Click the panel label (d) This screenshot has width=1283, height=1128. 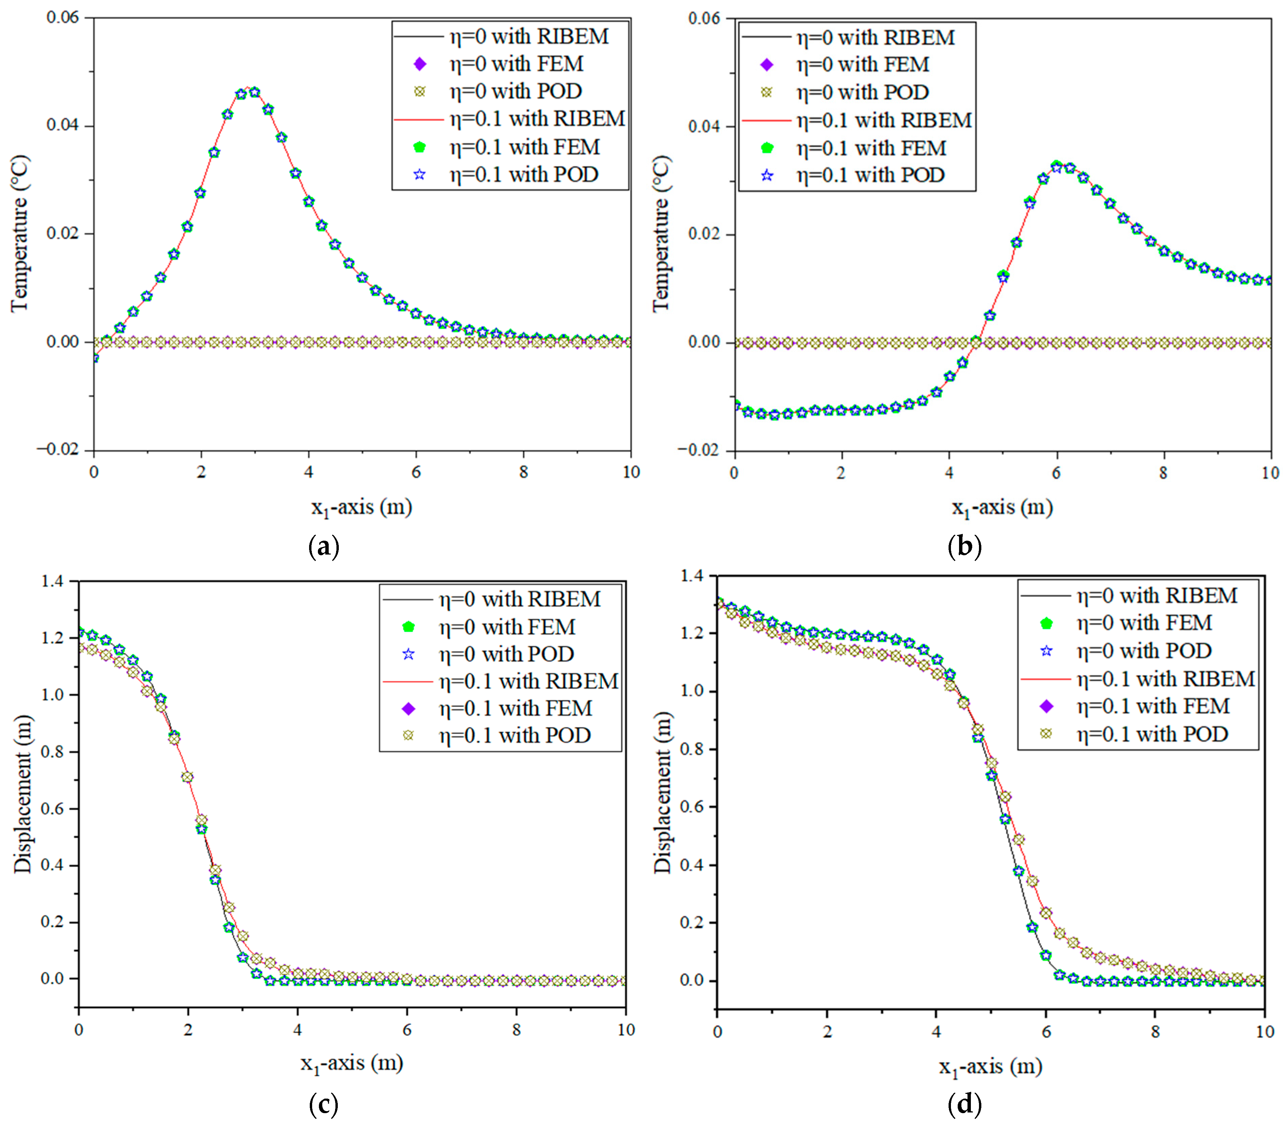(964, 1104)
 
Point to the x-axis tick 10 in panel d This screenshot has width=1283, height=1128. (1264, 1032)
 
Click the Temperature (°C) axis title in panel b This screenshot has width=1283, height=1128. (661, 234)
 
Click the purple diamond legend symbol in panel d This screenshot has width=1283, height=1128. (1046, 707)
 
